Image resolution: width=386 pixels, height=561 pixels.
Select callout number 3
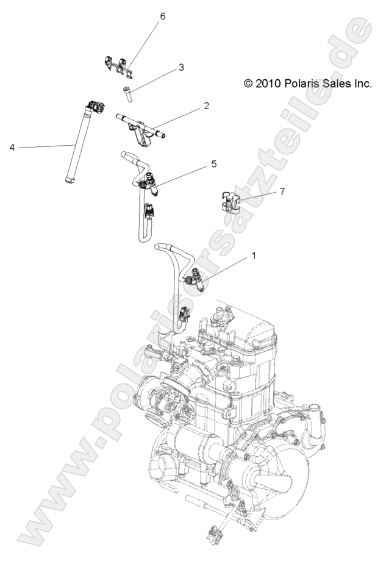tap(164, 68)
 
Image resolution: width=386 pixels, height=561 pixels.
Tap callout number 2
tap(207, 105)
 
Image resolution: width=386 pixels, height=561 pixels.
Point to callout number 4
tap(12, 147)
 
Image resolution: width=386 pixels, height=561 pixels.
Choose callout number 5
tap(213, 164)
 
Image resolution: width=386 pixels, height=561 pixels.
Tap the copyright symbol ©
tap(248, 84)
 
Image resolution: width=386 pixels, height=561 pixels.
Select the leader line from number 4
tap(43, 146)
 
